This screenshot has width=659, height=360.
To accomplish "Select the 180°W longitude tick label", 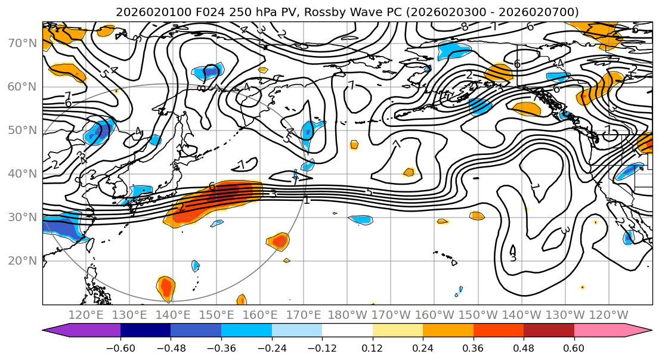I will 347,315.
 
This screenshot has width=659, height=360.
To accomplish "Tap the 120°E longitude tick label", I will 86,315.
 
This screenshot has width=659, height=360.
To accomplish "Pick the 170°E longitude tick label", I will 304,315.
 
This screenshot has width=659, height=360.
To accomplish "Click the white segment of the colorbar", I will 347,331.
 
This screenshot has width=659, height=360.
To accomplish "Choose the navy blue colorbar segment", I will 146,331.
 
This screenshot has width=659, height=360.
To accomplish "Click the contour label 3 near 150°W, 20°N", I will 513,257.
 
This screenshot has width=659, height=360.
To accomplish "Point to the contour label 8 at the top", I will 464,27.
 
